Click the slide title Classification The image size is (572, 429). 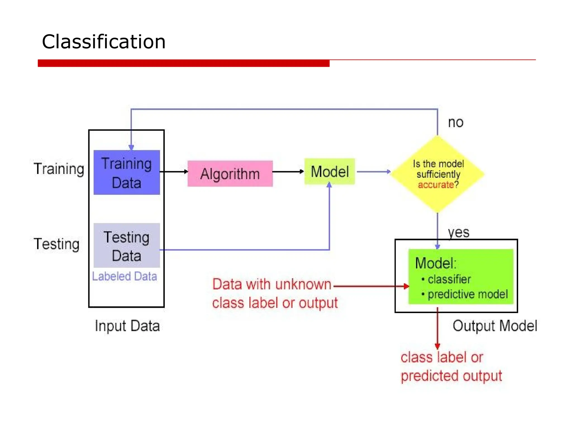coord(104,42)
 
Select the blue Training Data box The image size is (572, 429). coord(127,173)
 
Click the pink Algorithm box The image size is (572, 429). coord(230,174)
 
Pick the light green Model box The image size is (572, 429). coord(330,171)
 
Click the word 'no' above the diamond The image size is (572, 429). coord(456,123)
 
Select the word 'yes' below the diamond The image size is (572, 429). coord(458,232)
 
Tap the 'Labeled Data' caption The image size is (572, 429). coord(125,277)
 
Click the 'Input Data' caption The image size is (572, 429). coord(127,326)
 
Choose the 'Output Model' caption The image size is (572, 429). coord(495,326)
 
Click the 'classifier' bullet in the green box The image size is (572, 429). coord(449,279)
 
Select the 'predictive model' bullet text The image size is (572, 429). coord(468,294)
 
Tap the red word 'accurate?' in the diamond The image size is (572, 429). coord(438,185)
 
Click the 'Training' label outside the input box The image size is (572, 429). coord(59,169)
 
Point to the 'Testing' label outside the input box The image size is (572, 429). coord(57,244)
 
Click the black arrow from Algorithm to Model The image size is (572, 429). coord(288,171)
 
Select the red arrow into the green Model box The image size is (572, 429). coord(371,286)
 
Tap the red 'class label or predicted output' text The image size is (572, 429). coord(451,366)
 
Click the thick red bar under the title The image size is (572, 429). coord(183,63)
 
